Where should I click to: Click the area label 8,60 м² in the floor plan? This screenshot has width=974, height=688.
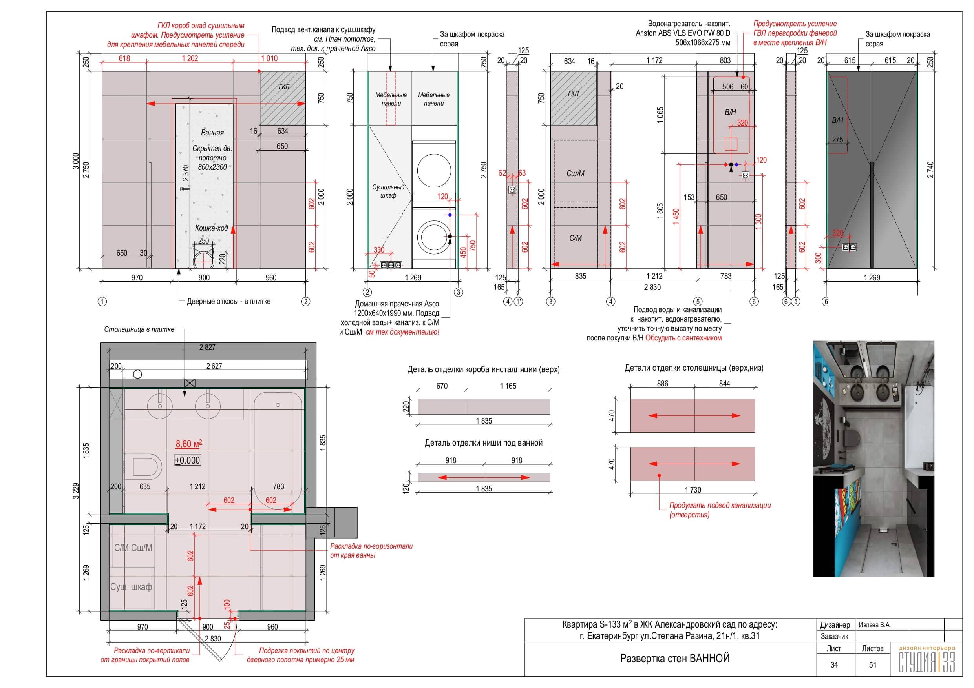click(x=189, y=444)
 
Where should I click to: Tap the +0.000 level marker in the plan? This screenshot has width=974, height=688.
click(x=188, y=460)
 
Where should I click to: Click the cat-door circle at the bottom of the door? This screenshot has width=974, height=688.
click(x=203, y=259)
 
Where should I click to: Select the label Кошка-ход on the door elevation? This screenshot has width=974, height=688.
click(x=211, y=228)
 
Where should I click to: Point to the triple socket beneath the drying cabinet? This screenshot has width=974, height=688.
click(x=391, y=265)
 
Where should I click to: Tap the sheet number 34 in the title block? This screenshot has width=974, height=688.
click(x=834, y=665)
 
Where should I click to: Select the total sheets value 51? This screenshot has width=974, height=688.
click(x=873, y=665)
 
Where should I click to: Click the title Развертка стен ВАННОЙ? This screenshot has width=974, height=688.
click(x=674, y=658)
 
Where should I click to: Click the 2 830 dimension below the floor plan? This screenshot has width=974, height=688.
click(x=212, y=639)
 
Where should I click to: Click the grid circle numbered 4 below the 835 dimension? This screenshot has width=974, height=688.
click(x=610, y=302)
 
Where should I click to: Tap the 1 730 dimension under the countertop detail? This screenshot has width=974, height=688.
click(x=693, y=490)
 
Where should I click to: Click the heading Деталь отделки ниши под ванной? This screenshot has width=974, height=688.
click(x=484, y=443)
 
